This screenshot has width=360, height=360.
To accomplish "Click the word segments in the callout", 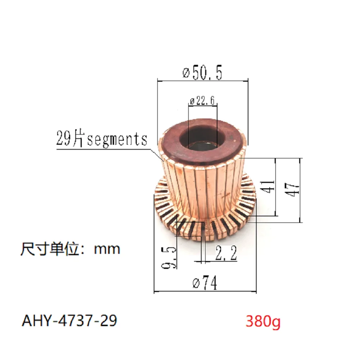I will pyautogui.click(x=117, y=139).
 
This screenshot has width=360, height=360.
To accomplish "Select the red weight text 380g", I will pyautogui.click(x=262, y=321).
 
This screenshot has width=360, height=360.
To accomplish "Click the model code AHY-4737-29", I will pyautogui.click(x=69, y=320).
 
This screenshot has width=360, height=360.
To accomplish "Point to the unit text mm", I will pyautogui.click(x=107, y=249).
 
